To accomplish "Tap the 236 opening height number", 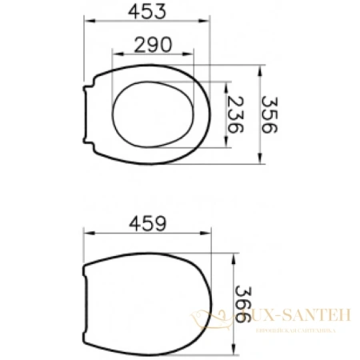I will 237,113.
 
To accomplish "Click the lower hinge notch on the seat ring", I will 90,139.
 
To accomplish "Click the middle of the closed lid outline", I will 148,304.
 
